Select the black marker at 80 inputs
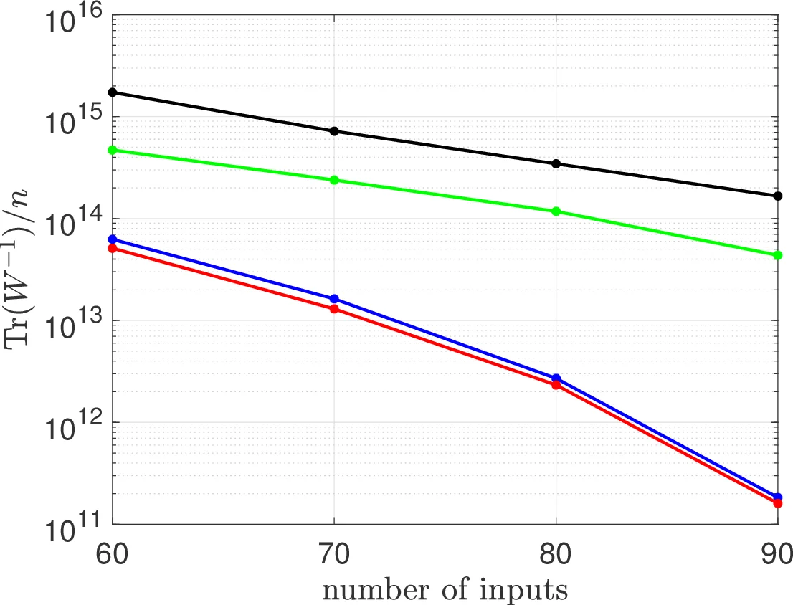[x=556, y=164]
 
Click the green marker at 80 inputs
[x=556, y=211]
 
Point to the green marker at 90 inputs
[x=778, y=255]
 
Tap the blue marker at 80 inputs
[x=556, y=378]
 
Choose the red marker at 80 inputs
[x=556, y=386]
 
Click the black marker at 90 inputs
[x=778, y=196]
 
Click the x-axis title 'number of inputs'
[x=445, y=590]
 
